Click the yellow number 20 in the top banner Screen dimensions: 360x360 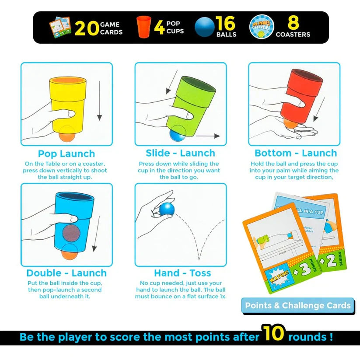pyautogui.click(x=87, y=28)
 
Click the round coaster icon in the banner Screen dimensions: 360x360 pyautogui.click(x=261, y=27)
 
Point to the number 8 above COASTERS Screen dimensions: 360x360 pyautogui.click(x=293, y=23)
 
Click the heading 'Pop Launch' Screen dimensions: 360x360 pyautogui.click(x=66, y=154)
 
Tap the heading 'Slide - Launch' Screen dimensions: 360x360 pyautogui.click(x=180, y=153)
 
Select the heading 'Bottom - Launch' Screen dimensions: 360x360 pyautogui.click(x=296, y=153)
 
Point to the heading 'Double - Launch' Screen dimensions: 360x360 pyautogui.click(x=66, y=273)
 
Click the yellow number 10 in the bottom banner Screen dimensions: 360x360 pyautogui.click(x=273, y=334)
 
